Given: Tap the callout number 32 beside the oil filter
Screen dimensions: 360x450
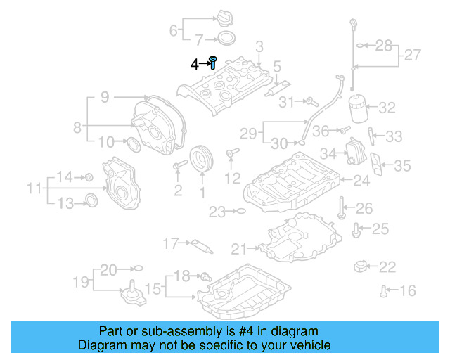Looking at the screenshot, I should tap(387, 108).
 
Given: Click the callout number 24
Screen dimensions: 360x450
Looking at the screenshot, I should tap(361, 181).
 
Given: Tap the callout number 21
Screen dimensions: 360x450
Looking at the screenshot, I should tap(239, 248).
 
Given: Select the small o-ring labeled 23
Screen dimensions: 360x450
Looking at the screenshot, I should tap(239, 210).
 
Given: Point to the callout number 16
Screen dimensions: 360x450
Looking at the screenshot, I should tap(408, 290).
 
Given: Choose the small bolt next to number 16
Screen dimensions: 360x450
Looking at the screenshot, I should tap(383, 290).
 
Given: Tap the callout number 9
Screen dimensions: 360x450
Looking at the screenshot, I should tap(104, 98).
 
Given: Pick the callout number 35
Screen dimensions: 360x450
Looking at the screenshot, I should tap(401, 166).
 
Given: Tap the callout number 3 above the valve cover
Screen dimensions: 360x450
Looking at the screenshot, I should tap(259, 47).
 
